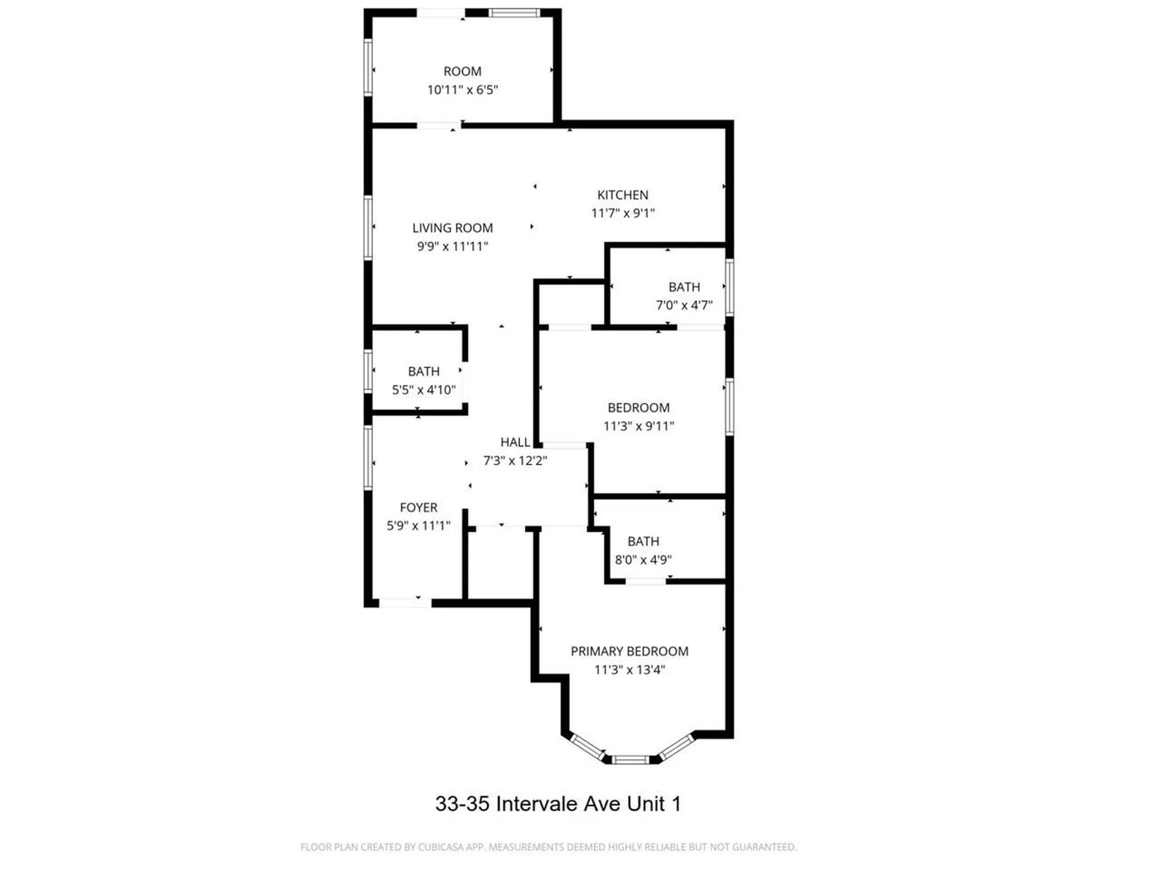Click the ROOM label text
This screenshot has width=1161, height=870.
tap(463, 71)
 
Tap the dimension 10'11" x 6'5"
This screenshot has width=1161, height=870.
tap(463, 90)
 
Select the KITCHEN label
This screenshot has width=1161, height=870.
tap(622, 195)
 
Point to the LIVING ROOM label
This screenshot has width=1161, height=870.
tap(452, 228)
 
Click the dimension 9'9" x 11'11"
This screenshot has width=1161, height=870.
tap(452, 246)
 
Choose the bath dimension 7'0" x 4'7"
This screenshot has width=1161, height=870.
tap(684, 305)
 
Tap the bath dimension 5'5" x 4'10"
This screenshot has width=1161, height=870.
tap(423, 390)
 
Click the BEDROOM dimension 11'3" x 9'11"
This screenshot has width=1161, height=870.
tap(639, 426)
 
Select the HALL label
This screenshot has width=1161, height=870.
tap(515, 442)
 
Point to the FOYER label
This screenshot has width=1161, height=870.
tap(418, 507)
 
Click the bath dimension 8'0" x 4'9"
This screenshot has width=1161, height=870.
tap(643, 560)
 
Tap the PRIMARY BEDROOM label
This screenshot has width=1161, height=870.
tap(629, 651)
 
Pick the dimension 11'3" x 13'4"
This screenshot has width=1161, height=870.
tap(629, 669)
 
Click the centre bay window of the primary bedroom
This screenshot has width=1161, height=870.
tap(630, 759)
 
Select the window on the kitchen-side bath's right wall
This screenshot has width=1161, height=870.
tap(730, 287)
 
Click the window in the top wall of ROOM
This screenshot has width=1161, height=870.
tap(514, 13)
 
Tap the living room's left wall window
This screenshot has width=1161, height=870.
tap(368, 227)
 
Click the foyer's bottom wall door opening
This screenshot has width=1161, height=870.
tap(405, 602)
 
